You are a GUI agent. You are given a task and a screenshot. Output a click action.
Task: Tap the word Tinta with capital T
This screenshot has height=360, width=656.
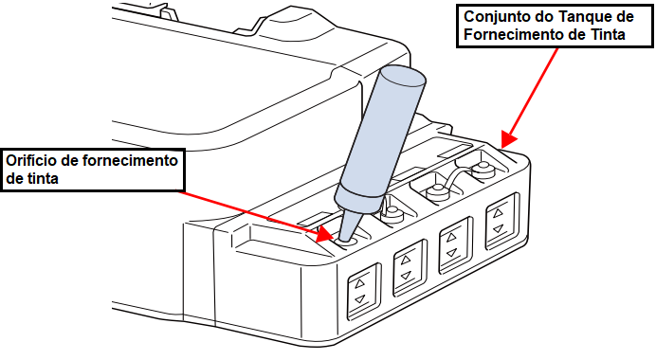[x=605, y=34]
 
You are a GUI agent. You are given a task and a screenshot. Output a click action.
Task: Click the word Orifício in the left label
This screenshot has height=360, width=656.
[x=30, y=160]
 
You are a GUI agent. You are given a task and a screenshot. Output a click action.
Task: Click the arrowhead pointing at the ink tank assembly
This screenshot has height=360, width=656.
[x=508, y=139]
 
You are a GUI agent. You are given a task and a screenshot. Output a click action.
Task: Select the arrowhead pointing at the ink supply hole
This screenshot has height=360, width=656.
[x=324, y=235]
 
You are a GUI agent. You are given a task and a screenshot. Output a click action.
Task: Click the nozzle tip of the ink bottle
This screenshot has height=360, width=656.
[x=344, y=240]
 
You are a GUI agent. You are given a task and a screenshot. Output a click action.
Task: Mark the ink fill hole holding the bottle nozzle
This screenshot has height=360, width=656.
[x=345, y=242]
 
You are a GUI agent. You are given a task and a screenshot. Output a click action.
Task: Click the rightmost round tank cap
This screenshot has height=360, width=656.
[x=483, y=170]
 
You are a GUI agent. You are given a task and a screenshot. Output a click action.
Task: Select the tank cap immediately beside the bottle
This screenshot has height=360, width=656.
[x=392, y=214]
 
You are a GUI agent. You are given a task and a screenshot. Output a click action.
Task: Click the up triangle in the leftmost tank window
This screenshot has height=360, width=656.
[x=360, y=284]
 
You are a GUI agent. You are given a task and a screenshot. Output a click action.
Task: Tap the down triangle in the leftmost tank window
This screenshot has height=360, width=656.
[x=360, y=299]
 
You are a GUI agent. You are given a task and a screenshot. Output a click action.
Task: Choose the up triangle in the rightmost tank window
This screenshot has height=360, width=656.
[x=498, y=214]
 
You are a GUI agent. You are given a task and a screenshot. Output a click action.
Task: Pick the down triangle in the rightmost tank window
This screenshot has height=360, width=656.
[x=498, y=228]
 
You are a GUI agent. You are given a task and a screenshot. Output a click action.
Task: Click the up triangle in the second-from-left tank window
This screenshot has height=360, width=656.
[x=406, y=261]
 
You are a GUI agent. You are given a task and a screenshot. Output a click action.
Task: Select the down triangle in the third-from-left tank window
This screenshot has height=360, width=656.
[x=451, y=253]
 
